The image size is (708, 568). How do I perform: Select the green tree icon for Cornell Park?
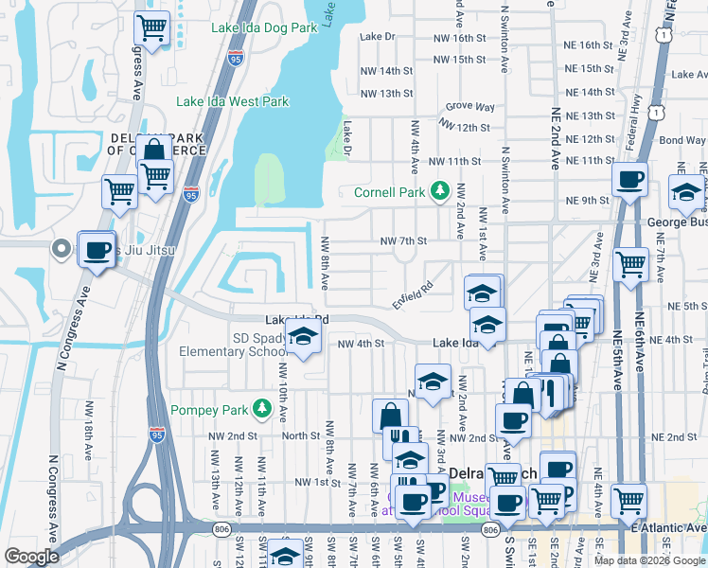tap(439, 192)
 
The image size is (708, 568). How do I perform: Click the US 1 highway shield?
tap(667, 33)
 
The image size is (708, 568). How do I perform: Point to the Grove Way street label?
tap(465, 107)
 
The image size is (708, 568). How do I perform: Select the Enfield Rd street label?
tap(413, 293)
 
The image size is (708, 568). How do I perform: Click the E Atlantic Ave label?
tap(673, 528)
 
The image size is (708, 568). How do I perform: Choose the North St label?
tap(300, 436)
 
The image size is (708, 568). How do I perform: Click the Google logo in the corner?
tap(32, 557)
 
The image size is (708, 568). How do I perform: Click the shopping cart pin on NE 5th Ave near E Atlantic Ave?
tap(629, 500)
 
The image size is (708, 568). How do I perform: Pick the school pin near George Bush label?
tap(685, 194)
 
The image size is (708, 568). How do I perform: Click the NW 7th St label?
tap(404, 241)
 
